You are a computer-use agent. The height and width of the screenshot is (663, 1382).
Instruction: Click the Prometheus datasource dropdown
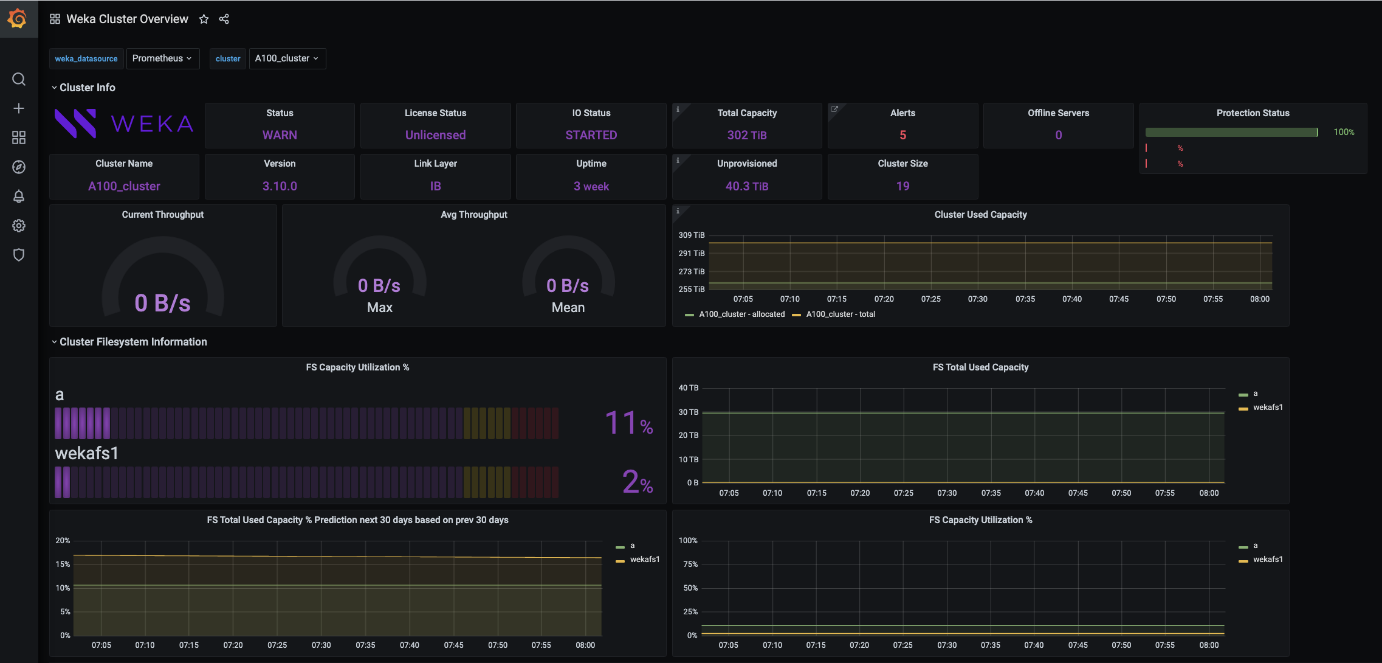coord(162,58)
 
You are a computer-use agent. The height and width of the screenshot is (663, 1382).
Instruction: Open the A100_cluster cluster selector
coord(287,58)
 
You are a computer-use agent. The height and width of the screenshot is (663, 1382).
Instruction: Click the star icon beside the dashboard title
coord(204,19)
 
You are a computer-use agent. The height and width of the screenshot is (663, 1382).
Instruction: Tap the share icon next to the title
coord(224,19)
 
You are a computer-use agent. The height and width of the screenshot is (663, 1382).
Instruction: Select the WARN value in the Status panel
coord(280,135)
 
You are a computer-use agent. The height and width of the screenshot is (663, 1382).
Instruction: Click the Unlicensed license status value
coord(435,135)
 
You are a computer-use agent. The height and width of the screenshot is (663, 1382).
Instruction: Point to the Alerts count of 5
coord(902,135)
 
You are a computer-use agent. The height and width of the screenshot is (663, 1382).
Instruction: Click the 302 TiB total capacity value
coord(747,135)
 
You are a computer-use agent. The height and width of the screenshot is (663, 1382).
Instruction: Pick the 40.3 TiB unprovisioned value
coord(747,186)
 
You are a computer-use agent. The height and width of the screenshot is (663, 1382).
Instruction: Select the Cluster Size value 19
coord(902,186)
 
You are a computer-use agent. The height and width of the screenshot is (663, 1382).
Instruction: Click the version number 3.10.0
coord(280,186)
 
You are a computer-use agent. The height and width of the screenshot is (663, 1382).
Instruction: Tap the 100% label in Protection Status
coord(1344,132)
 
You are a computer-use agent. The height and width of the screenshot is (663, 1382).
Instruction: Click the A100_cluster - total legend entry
coord(840,314)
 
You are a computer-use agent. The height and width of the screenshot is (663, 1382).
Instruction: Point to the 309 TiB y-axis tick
coord(692,235)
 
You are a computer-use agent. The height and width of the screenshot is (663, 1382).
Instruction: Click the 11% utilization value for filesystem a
coord(629,423)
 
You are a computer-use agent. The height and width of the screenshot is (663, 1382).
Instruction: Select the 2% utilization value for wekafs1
coord(638,482)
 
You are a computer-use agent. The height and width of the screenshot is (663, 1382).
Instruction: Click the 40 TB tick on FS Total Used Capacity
coord(689,387)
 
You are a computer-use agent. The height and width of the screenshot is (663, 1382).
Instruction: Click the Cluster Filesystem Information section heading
coord(133,342)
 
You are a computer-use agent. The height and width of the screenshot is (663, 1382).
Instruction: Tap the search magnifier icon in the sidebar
coord(19,79)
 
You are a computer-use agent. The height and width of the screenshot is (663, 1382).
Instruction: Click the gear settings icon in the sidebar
coord(19,226)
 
